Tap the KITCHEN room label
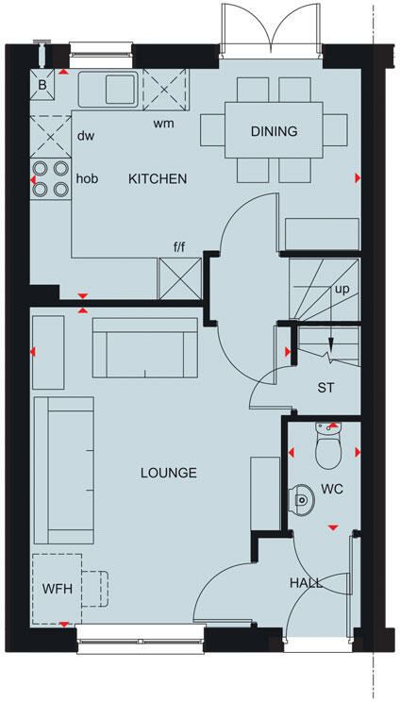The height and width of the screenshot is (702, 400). tap(158, 178)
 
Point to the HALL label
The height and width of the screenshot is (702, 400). tap(307, 583)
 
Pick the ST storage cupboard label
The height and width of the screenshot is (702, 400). tap(326, 387)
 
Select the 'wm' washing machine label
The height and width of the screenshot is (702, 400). tap(163, 123)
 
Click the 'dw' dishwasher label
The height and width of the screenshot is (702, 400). tap(85, 135)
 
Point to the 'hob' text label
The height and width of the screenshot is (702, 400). tap(88, 177)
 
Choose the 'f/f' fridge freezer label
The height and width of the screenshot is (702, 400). tap(178, 248)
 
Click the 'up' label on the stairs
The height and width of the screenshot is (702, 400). tap(341, 289)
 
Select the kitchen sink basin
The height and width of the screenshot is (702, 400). tap(120, 90)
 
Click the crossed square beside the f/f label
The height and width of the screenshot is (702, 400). tap(180, 277)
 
